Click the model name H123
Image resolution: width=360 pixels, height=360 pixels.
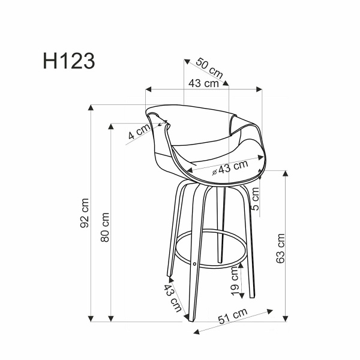point(68,61)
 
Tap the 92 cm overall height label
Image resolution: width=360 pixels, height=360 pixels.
point(86,213)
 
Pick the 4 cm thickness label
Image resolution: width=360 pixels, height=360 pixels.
point(138,133)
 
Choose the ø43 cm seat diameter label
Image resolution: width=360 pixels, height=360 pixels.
point(230,169)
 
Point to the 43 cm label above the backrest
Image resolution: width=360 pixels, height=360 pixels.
point(203,83)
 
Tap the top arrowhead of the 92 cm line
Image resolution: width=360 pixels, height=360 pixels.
point(91,108)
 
